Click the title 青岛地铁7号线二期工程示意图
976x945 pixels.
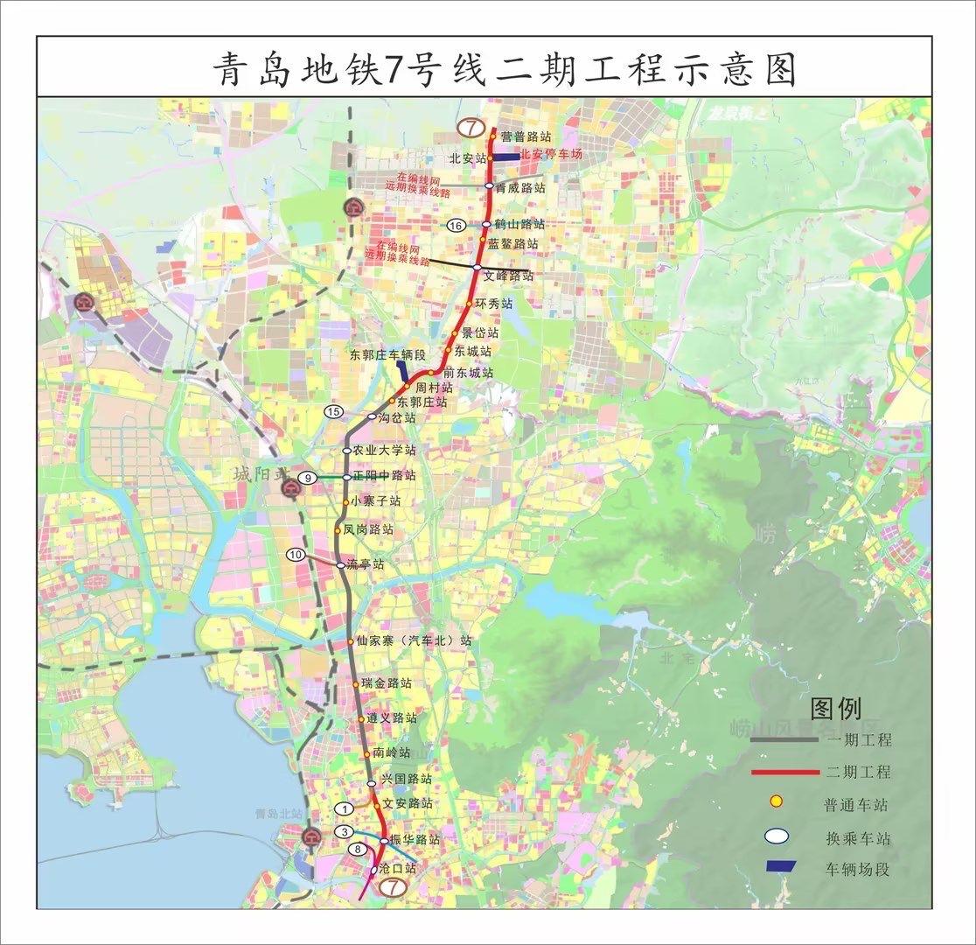505,67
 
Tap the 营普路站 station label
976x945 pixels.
526,137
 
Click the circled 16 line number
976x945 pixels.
455,226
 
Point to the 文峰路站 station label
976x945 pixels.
509,276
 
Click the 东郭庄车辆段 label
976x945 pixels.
387,355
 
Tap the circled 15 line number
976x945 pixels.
333,411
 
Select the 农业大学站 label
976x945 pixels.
384,451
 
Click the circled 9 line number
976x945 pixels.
308,478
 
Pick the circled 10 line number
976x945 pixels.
296,555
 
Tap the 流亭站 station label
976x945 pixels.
365,565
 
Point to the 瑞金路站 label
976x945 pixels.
386,683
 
